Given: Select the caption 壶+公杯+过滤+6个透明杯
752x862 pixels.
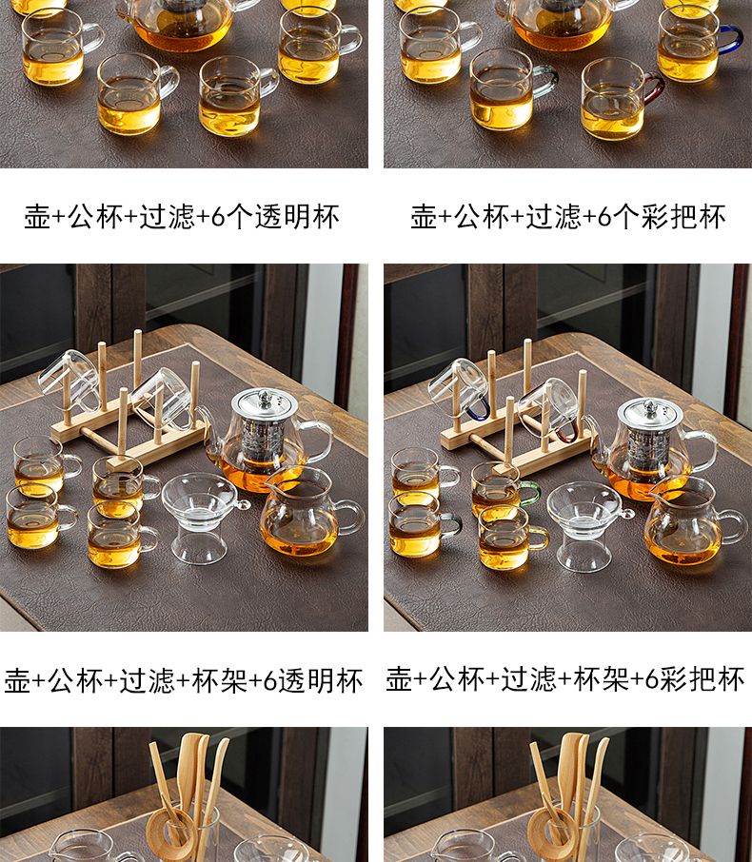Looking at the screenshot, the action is click(182, 216).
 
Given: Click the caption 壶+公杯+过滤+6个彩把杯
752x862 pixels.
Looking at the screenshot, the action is click(567, 216).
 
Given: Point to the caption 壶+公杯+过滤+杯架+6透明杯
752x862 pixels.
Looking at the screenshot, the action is click(184, 680).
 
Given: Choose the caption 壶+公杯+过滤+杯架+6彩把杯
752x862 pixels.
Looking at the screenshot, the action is click(565, 679).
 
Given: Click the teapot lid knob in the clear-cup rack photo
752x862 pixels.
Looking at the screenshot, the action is click(265, 395).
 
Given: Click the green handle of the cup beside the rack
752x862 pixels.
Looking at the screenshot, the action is click(530, 493).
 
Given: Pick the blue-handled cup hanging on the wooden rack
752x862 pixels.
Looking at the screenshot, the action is click(461, 390).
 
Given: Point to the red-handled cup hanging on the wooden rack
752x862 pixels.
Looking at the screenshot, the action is click(550, 409).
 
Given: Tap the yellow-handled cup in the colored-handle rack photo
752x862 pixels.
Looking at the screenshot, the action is click(511, 538).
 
